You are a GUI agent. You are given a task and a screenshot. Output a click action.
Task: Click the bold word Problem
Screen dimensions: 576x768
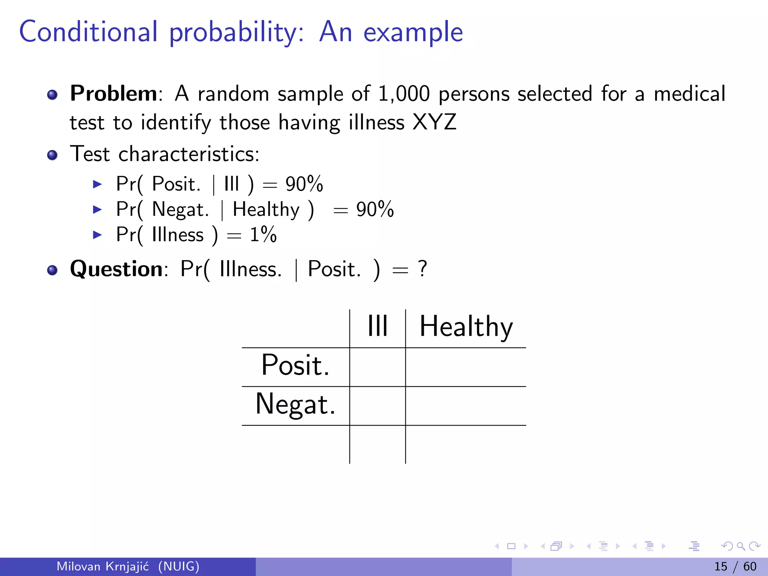(113, 93)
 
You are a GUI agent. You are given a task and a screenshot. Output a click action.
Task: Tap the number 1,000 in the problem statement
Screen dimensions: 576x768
(403, 94)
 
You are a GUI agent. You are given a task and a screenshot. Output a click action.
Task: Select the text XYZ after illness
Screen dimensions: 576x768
(434, 122)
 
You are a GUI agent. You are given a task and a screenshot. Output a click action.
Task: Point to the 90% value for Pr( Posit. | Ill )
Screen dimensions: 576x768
(304, 184)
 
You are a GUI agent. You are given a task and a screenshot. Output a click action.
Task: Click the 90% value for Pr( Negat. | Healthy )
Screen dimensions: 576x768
(375, 209)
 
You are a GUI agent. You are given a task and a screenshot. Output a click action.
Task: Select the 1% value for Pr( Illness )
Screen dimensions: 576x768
(263, 235)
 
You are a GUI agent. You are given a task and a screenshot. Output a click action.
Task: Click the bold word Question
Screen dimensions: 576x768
(116, 269)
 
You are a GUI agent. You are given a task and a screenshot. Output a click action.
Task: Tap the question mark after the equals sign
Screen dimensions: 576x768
(423, 269)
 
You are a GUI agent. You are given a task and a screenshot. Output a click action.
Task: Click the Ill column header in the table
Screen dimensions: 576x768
(377, 326)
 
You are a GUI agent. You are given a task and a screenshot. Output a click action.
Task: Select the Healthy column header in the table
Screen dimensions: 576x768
(466, 327)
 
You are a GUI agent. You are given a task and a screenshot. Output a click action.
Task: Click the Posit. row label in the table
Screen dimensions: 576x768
(295, 365)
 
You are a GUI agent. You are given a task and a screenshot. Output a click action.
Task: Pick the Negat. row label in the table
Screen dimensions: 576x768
(295, 404)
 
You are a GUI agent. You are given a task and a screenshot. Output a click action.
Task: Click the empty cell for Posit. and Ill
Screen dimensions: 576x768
(377, 367)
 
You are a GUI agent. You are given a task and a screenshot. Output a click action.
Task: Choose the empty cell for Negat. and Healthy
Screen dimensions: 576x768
(466, 406)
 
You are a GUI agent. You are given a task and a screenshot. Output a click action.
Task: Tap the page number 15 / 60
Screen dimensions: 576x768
(735, 566)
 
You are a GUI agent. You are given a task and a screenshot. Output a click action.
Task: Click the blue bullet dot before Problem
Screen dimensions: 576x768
(52, 94)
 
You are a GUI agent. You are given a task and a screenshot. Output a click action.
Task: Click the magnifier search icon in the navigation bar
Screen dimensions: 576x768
(741, 546)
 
